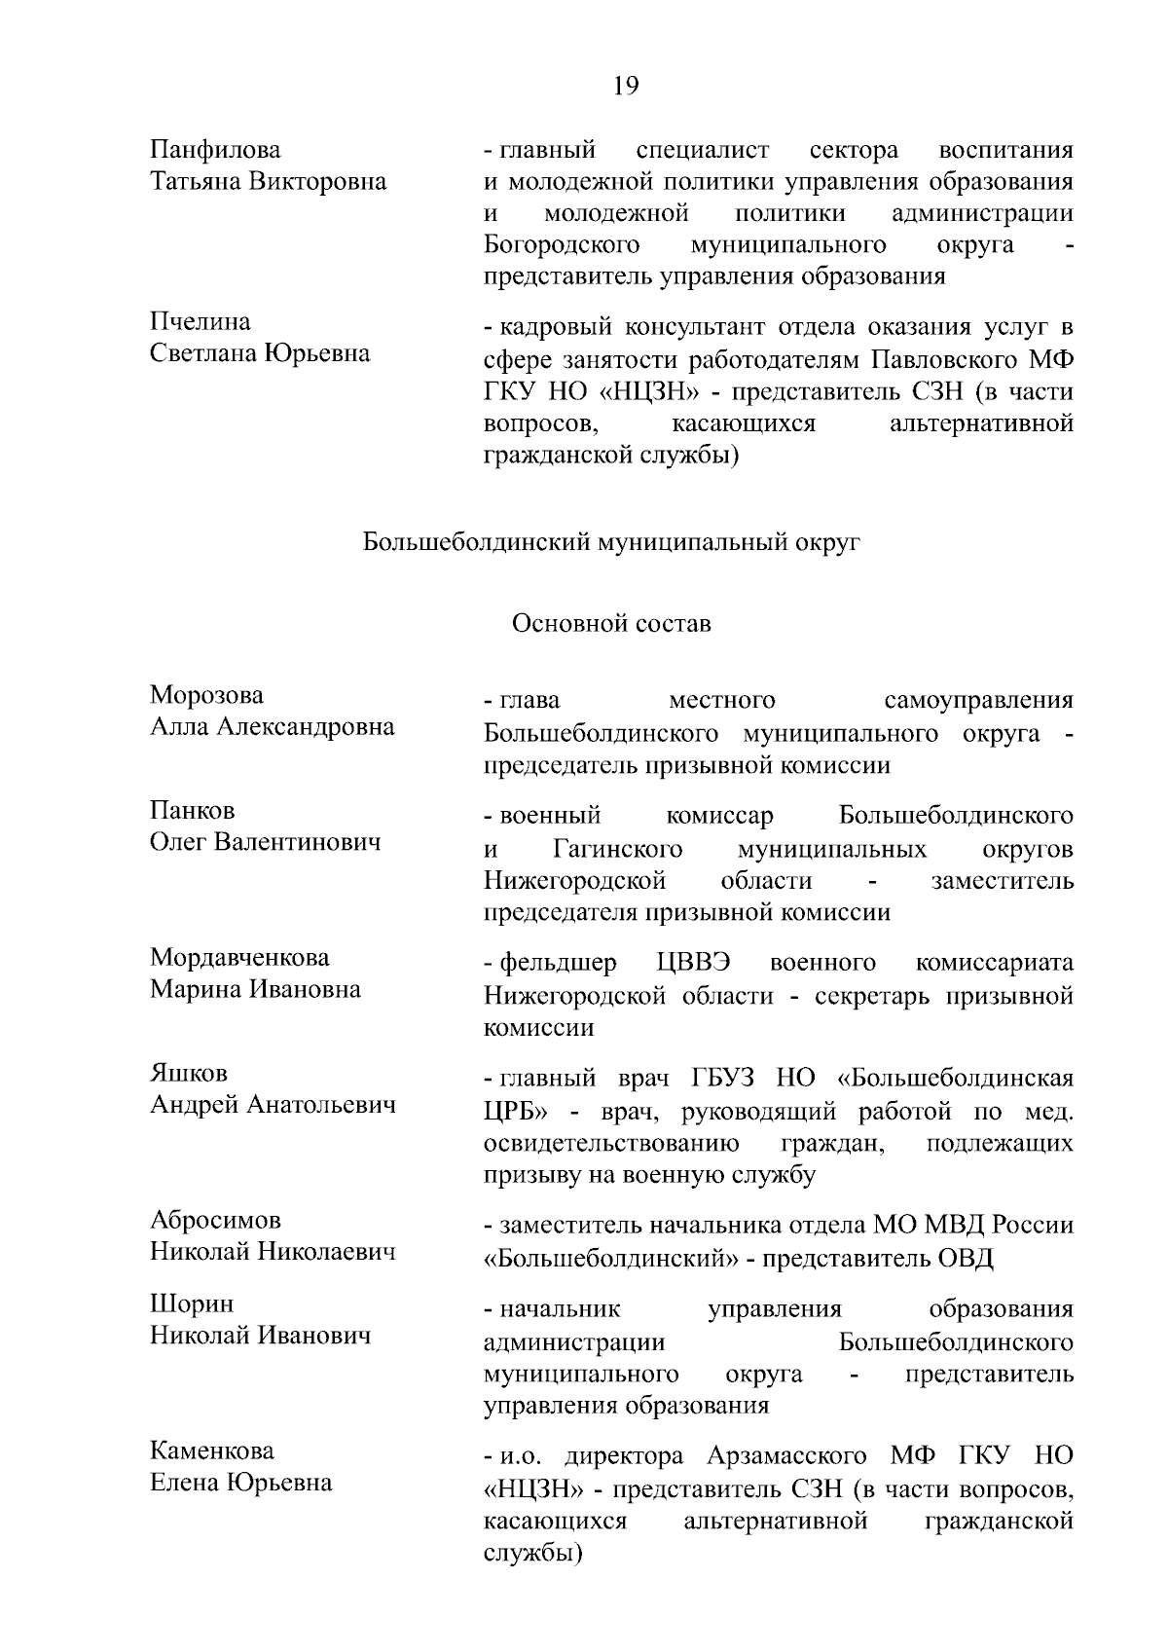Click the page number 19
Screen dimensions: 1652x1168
click(626, 87)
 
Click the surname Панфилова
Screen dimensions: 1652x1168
click(215, 150)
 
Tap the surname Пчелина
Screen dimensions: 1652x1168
click(200, 321)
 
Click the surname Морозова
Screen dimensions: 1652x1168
click(206, 695)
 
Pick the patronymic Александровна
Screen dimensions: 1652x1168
click(313, 727)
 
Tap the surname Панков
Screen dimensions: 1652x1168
click(192, 810)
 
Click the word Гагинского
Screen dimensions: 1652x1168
click(618, 849)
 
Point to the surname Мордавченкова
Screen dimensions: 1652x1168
click(239, 957)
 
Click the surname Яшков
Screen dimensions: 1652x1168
click(188, 1073)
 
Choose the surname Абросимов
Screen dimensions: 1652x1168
click(215, 1220)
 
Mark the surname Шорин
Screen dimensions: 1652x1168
click(192, 1303)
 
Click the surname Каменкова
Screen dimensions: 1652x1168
click(212, 1450)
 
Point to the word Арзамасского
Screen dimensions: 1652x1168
click(787, 1456)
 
